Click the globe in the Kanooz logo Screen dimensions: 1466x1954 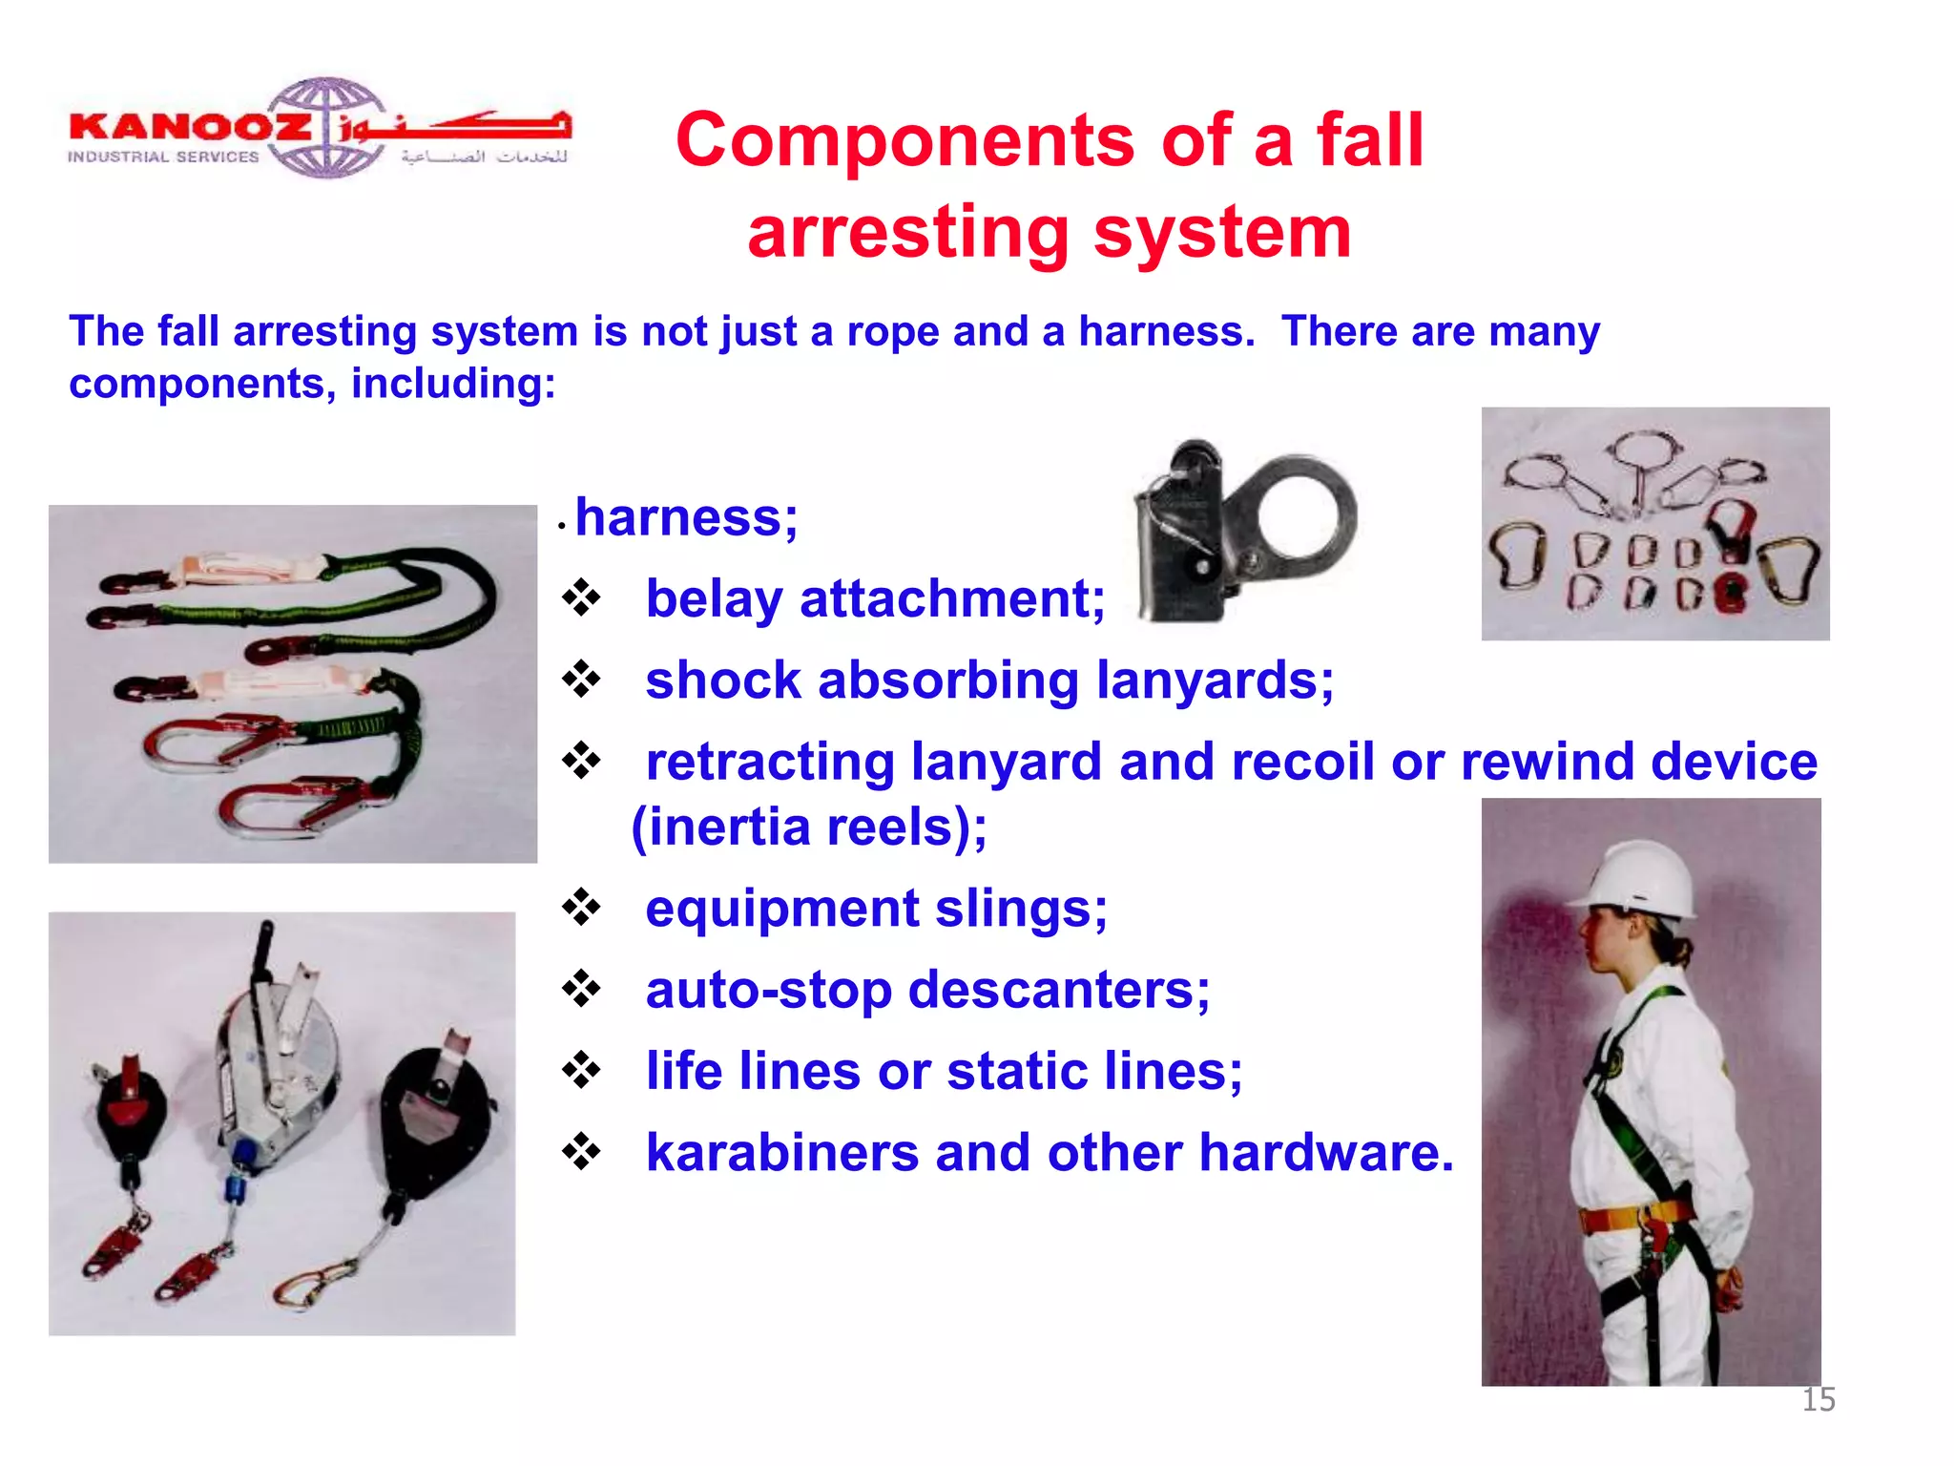(x=326, y=127)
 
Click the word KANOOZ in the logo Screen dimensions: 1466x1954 (x=190, y=127)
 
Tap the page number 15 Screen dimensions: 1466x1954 (x=1818, y=1399)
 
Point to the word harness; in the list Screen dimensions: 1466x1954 (x=686, y=518)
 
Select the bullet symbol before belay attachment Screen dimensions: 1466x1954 (x=581, y=599)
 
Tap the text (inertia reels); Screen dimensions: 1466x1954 (x=809, y=827)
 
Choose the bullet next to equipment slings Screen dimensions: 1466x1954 (x=581, y=908)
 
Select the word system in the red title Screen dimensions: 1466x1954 (x=1222, y=233)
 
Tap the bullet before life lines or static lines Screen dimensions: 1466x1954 (x=581, y=1071)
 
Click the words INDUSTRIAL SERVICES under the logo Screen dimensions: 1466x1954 (x=163, y=157)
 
